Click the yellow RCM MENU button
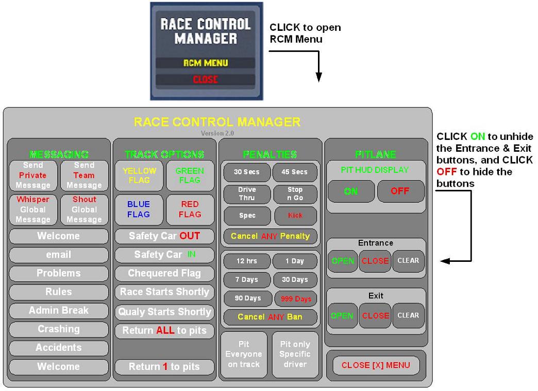[206, 63]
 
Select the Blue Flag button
[139, 209]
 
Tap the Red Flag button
[190, 209]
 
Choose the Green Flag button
[190, 175]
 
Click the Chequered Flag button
[164, 273]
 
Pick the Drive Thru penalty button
[247, 193]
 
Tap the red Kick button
[295, 216]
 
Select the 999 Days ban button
[295, 298]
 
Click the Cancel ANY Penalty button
[271, 236]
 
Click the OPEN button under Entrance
[343, 261]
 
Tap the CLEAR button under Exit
[409, 315]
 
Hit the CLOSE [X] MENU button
[376, 365]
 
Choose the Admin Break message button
[59, 310]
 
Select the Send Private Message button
[33, 175]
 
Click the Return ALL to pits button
[164, 330]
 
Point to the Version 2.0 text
[217, 133]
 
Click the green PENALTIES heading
[271, 154]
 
